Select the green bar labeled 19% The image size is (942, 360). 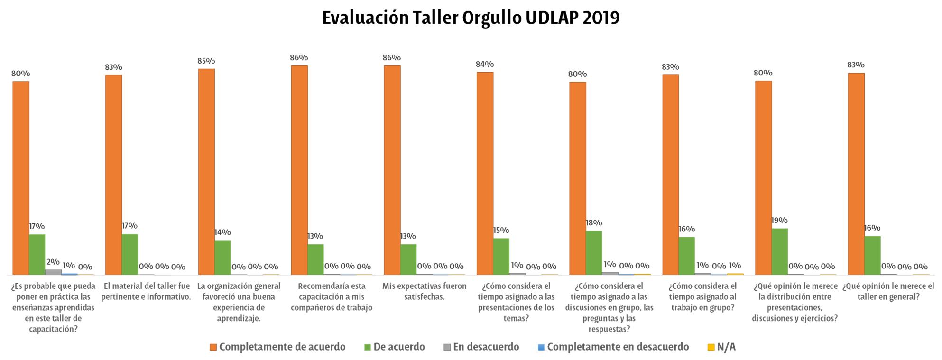(780, 251)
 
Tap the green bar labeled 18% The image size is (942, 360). (594, 252)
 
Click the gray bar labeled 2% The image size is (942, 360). (54, 272)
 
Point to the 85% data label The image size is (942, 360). (206, 61)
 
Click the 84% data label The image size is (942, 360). (485, 65)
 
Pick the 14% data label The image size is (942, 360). (222, 232)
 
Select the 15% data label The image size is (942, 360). (501, 230)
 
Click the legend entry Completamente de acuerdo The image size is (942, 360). (282, 347)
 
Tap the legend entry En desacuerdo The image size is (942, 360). (486, 347)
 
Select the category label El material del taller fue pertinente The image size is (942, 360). (146, 292)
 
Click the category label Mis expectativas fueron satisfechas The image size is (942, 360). (425, 292)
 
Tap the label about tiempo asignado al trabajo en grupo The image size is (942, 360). (703, 297)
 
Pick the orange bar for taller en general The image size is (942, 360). (856, 174)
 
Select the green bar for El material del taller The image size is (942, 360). (130, 254)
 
